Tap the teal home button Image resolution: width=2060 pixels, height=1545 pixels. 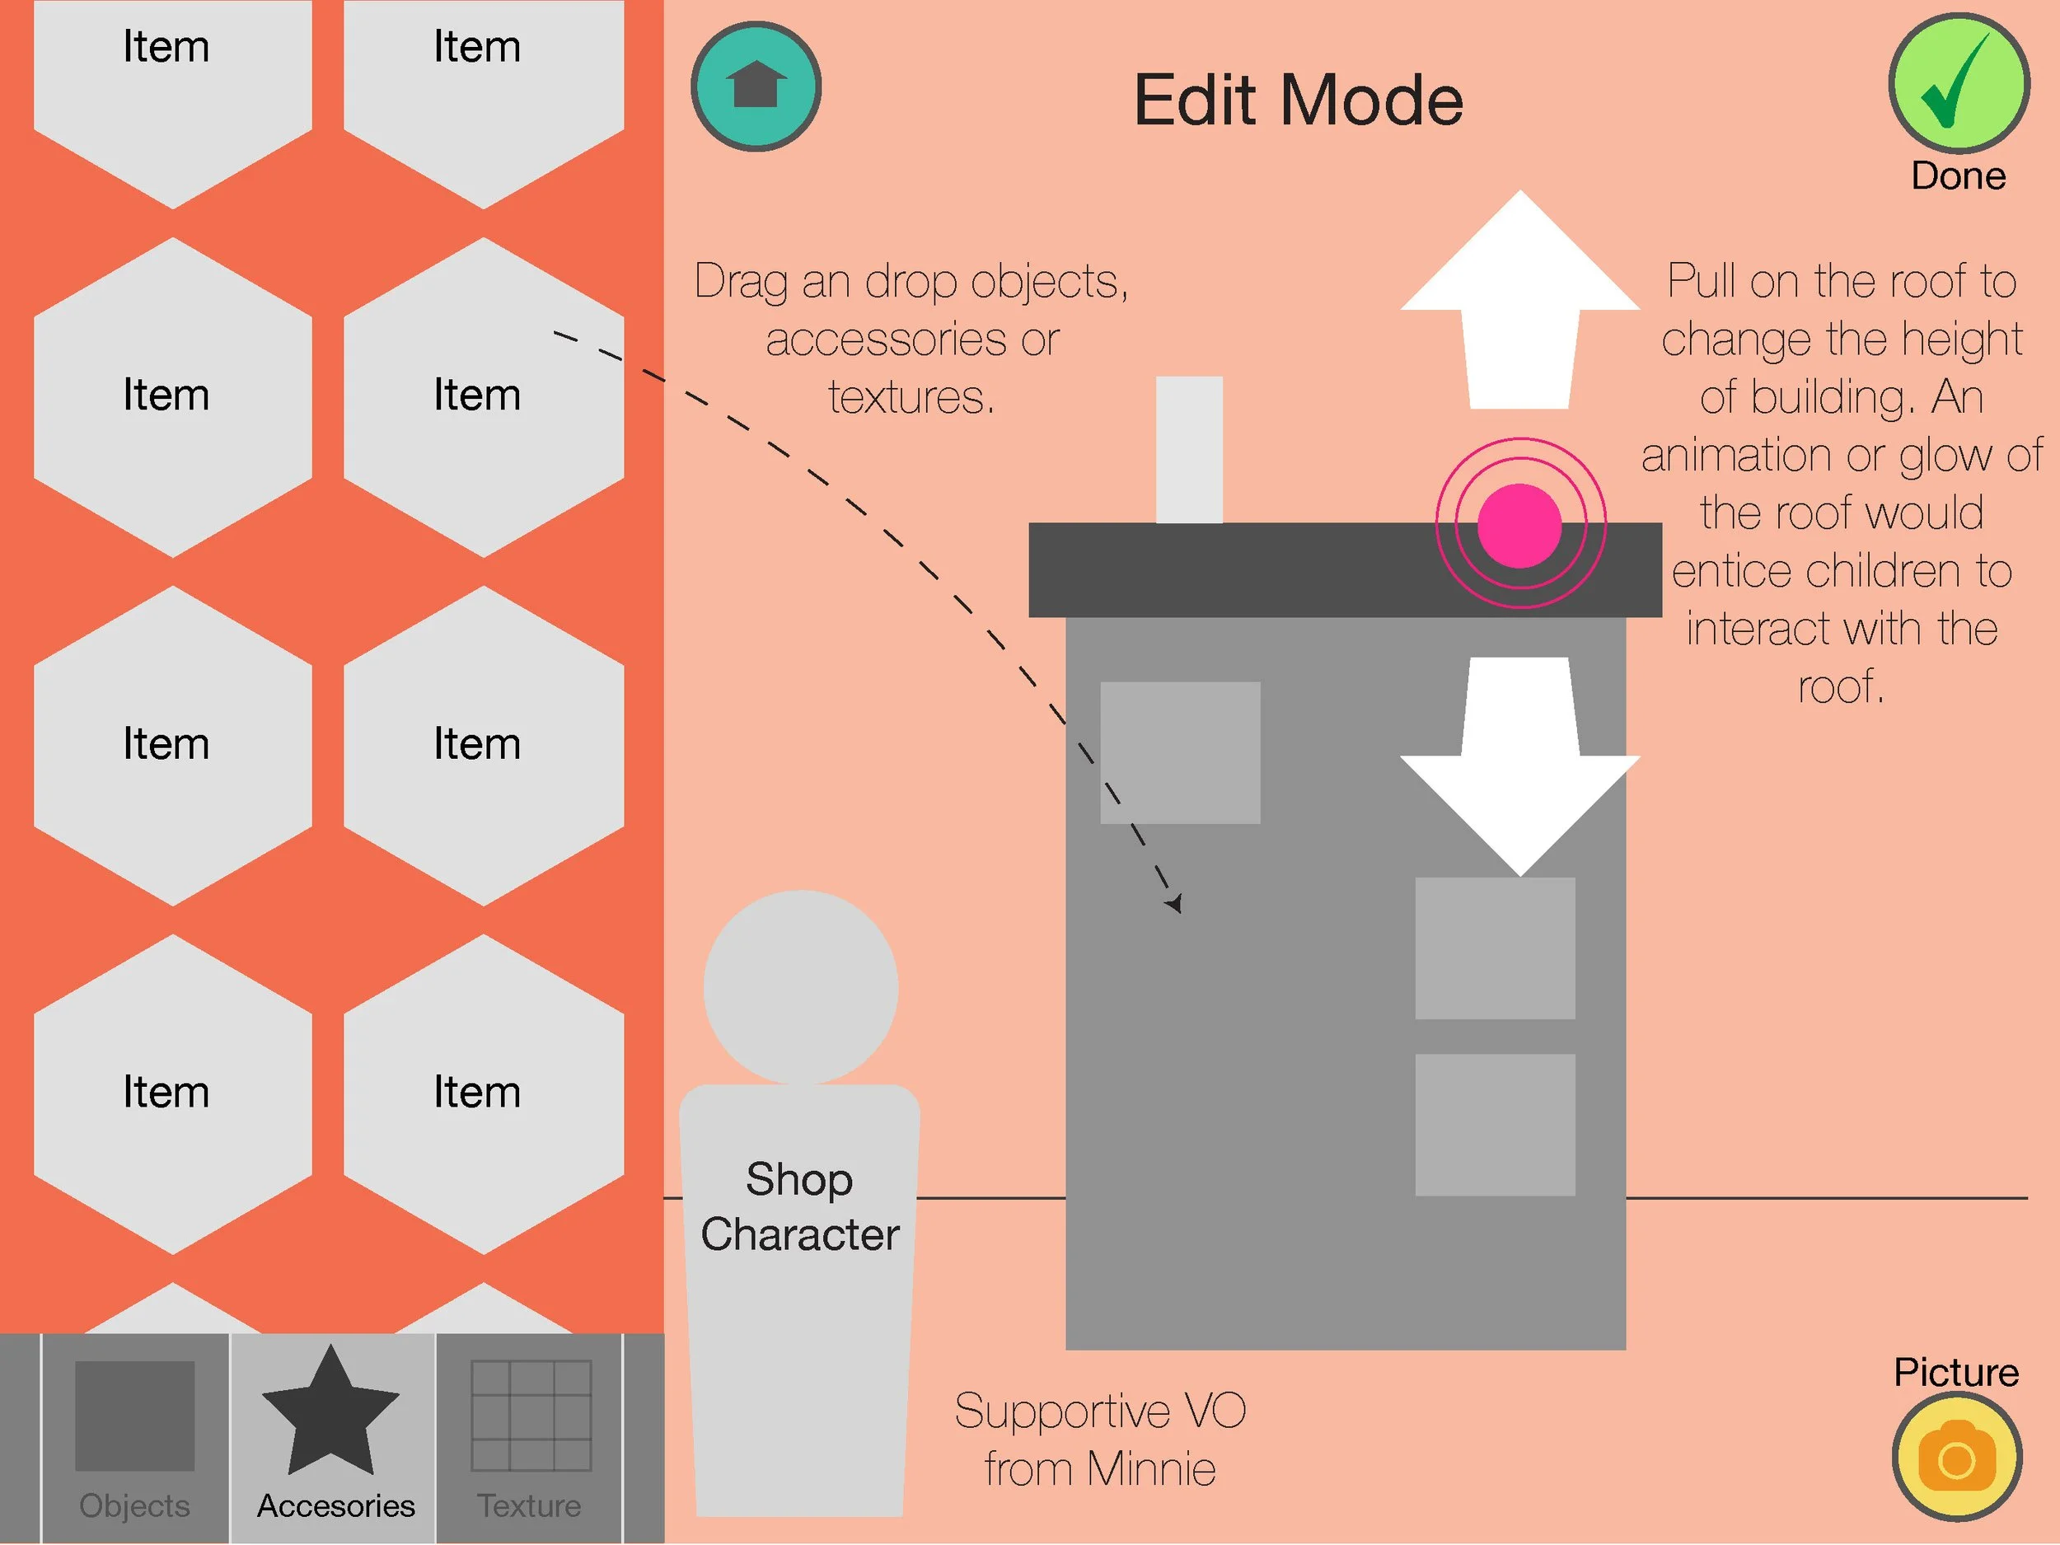point(756,87)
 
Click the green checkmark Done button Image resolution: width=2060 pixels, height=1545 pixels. point(1959,83)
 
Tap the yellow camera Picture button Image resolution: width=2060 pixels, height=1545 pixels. point(1957,1458)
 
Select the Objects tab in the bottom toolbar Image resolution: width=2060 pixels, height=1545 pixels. point(135,1435)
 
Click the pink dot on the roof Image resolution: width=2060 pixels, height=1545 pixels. point(1519,525)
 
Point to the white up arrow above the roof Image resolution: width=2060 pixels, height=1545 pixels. point(1519,298)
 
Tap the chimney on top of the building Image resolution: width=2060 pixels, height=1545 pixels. point(1188,450)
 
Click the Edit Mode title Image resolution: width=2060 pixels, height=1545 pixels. point(1298,100)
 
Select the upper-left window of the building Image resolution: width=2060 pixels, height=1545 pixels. point(1180,752)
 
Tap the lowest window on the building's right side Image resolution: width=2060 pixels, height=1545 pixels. point(1495,1124)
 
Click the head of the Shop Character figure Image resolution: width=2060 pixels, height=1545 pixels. point(800,987)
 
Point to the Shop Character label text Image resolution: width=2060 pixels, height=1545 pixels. point(800,1207)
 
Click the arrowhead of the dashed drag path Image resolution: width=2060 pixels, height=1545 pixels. point(1175,902)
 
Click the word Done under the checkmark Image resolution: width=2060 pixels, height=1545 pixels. point(1958,176)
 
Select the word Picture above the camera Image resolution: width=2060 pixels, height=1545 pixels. point(1955,1373)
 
